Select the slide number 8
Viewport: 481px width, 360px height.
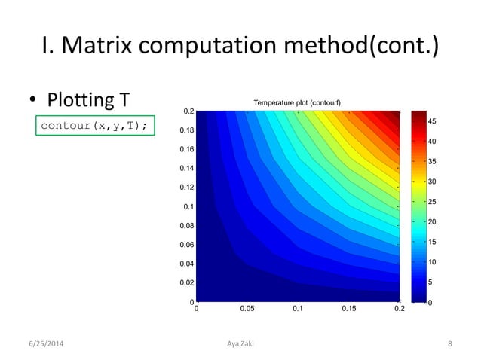point(449,344)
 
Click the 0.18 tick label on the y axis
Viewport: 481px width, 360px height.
point(185,130)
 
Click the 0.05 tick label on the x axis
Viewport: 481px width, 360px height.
point(247,309)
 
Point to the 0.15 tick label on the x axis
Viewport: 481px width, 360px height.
point(348,309)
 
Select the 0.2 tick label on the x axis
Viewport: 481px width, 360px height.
point(399,309)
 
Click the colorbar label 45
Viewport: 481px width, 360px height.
point(433,122)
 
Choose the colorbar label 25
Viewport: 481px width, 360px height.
point(433,202)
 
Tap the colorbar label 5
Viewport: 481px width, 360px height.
point(430,282)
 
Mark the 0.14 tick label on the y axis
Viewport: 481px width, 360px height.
point(185,169)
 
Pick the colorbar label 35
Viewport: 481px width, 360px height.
point(433,162)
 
